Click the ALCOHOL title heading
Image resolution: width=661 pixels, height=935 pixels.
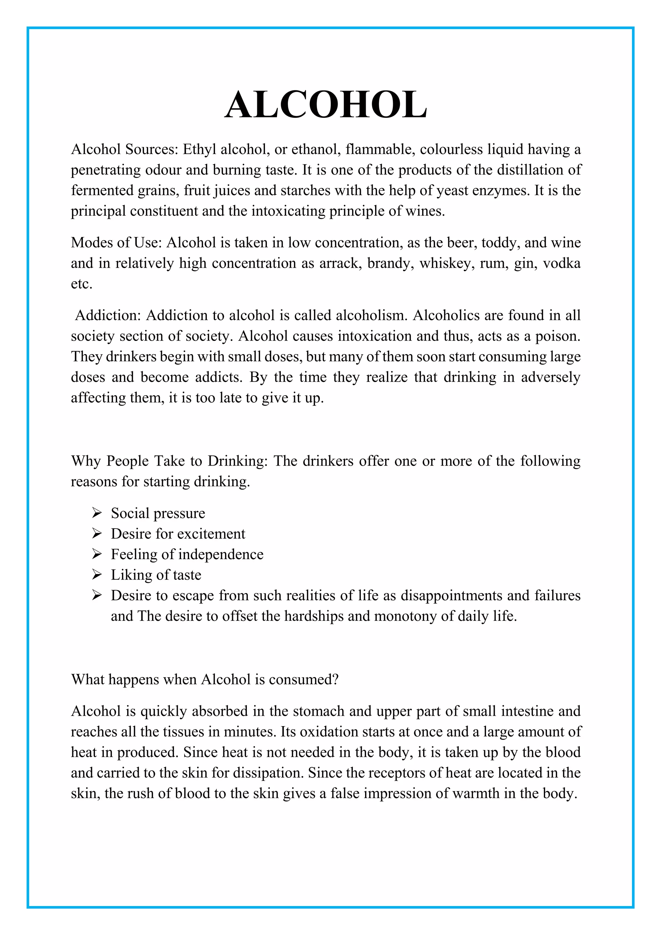[x=326, y=105]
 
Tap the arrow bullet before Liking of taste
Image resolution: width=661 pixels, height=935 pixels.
[x=97, y=575]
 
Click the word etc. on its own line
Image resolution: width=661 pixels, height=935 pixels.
[x=82, y=284]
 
